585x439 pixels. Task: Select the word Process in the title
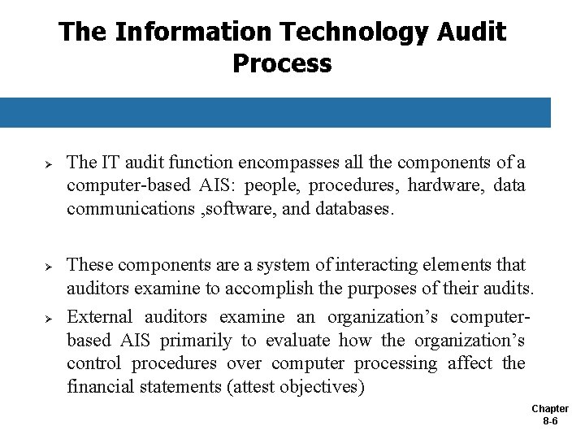coord(282,63)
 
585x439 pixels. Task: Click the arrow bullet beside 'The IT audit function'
coord(48,164)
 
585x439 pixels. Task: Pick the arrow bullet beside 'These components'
coord(48,267)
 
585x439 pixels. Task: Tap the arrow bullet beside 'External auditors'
coord(48,318)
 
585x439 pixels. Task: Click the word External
coord(101,316)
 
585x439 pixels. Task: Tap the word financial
coord(103,387)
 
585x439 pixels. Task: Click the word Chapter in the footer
coord(550,409)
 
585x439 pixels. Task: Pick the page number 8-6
coord(550,422)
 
